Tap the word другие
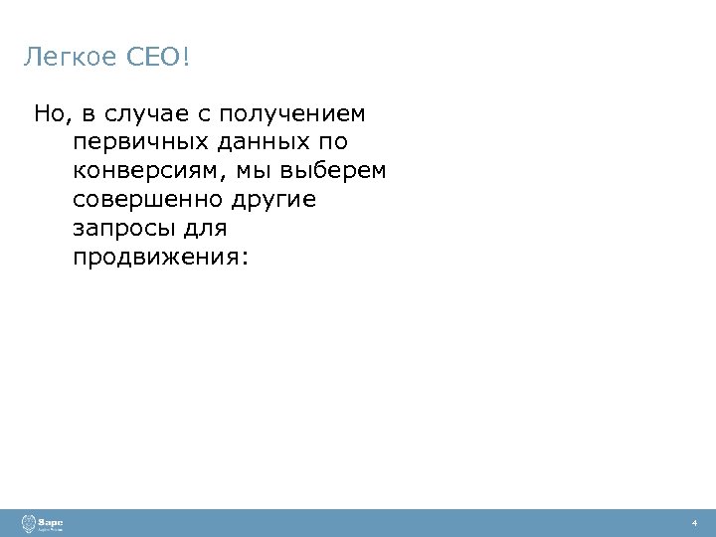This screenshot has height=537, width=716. tap(273, 200)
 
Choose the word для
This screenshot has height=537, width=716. tap(206, 229)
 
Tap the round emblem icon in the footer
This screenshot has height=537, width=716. tap(28, 523)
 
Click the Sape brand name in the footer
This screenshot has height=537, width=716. tap(51, 520)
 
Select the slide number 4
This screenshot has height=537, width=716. tap(695, 523)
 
